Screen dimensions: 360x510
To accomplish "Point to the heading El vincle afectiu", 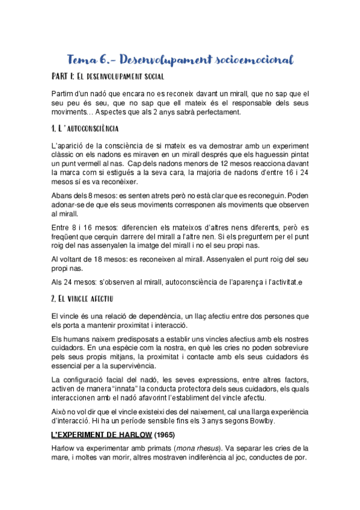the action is click(82, 298).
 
